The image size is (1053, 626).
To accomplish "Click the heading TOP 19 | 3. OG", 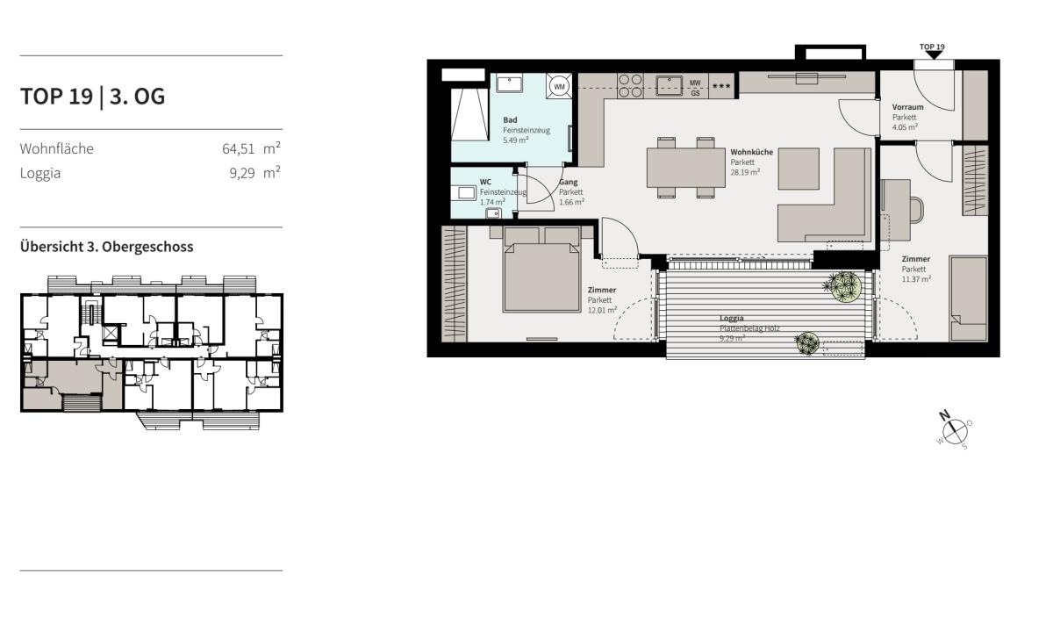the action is (93, 97).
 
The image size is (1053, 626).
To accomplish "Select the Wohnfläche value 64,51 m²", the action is (251, 148).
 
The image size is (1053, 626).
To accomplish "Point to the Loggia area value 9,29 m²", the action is (254, 173).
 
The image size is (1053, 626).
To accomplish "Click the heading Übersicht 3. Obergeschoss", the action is (107, 247).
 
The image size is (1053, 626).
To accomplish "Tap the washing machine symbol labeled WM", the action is (559, 87).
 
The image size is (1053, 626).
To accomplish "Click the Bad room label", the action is (510, 120).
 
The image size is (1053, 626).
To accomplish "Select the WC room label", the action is (485, 182).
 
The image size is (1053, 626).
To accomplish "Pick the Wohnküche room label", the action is (752, 152).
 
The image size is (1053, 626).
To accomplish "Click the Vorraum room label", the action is (907, 107).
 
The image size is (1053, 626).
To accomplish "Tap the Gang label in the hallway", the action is (569, 182).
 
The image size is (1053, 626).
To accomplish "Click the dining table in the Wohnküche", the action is (686, 168).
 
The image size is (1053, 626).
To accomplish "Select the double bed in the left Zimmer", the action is (541, 270).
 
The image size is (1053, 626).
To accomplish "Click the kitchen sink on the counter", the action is (670, 85).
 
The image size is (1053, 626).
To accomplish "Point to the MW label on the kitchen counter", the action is (695, 83).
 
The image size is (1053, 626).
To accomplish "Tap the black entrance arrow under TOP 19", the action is (934, 55).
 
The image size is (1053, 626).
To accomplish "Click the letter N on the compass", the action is (944, 415).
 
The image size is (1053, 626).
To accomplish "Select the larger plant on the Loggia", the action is (845, 286).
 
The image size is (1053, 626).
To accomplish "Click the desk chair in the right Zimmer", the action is (916, 209).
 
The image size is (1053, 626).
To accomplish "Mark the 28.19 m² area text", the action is (745, 172).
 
